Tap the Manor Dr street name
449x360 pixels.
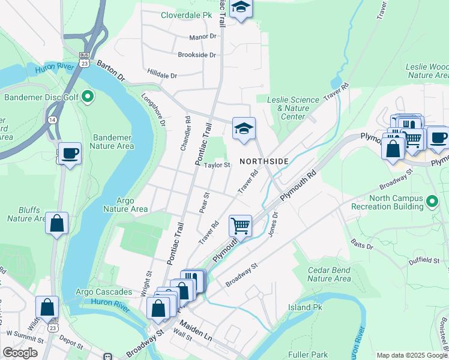coord(202,37)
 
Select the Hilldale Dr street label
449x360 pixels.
coord(162,76)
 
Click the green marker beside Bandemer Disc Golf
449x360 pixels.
coord(87,96)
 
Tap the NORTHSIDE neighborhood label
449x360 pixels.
coord(264,161)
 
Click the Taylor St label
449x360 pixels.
coord(217,165)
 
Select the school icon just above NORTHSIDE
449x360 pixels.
coord(244,128)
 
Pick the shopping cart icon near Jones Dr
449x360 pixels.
coord(240,226)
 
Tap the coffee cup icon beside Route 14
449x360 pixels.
coord(70,154)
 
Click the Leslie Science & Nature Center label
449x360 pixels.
coord(293,108)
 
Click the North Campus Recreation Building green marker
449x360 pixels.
coord(430,203)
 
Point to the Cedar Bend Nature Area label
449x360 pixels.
coord(329,274)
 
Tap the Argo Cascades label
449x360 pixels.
coord(104,292)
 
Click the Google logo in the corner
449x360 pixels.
coord(19,353)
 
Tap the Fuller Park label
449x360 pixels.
coord(307,355)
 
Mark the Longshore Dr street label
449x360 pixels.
coord(154,109)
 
